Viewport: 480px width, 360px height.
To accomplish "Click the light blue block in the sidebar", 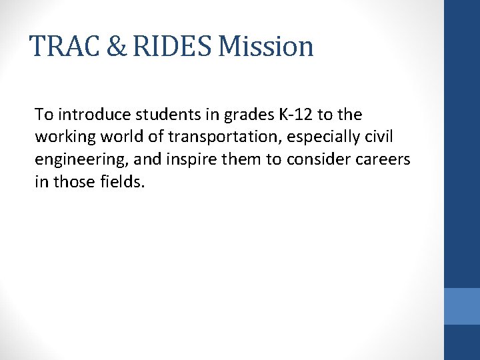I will coord(462,306).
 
